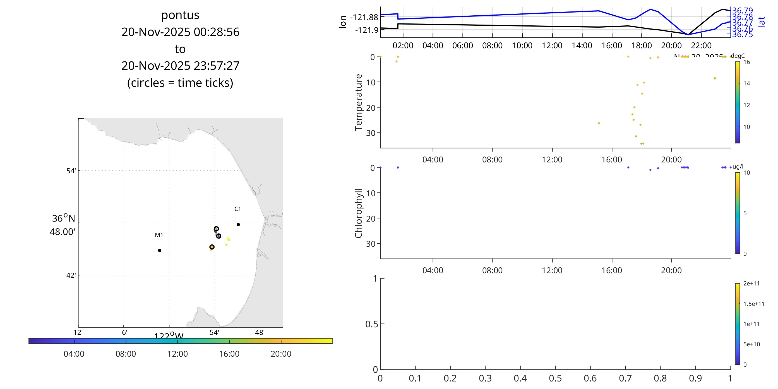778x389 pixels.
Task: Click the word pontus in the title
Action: click(x=180, y=15)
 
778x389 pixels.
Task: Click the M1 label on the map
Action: click(x=159, y=235)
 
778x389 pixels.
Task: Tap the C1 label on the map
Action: click(x=238, y=209)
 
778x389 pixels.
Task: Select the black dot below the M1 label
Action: click(x=159, y=250)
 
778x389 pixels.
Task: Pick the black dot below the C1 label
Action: click(x=238, y=224)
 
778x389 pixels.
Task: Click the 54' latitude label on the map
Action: click(x=71, y=171)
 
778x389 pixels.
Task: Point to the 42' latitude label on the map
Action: click(x=71, y=275)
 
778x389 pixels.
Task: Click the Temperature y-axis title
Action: click(x=358, y=102)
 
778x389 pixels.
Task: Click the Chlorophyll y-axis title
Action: click(x=358, y=213)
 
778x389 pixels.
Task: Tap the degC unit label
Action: click(x=738, y=56)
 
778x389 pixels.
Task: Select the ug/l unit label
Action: click(x=738, y=166)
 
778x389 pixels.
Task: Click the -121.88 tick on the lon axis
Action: click(x=364, y=17)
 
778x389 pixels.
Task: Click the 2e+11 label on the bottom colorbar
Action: click(x=751, y=283)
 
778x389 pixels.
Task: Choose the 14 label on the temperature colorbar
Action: click(x=746, y=83)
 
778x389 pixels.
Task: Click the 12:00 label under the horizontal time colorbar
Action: click(x=177, y=354)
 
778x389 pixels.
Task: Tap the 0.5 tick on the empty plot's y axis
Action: click(x=371, y=324)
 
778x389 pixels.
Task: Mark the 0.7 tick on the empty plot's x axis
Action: click(x=625, y=378)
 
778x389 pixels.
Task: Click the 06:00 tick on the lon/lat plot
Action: click(x=462, y=45)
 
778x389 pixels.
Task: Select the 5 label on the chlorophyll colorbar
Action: click(x=745, y=213)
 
